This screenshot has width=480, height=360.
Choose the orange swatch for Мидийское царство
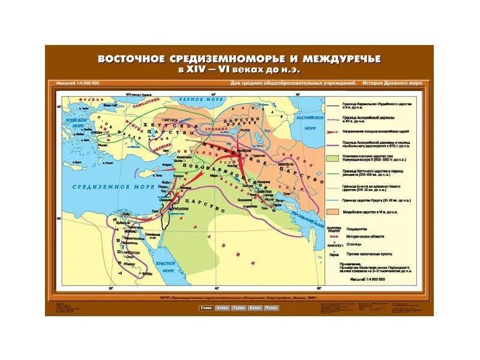[x=333, y=212]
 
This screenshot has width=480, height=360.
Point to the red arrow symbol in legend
[x=333, y=130]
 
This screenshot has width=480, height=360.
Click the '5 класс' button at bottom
[x=206, y=308]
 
